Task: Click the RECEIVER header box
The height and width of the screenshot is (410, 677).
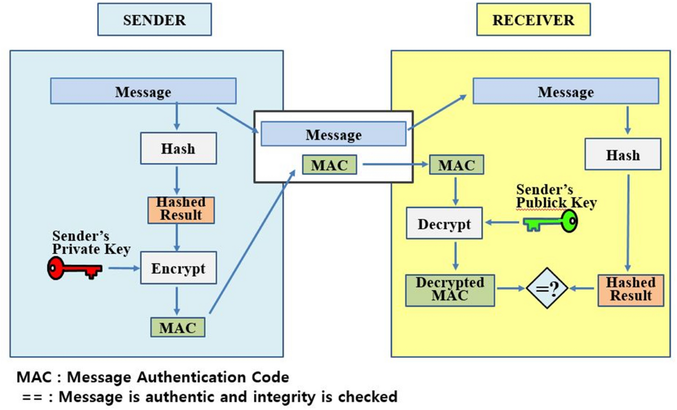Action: tap(533, 20)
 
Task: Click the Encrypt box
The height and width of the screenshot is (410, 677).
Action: tap(178, 268)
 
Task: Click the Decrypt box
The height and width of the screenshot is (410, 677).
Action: tap(444, 224)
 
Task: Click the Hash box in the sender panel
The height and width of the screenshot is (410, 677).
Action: tap(178, 149)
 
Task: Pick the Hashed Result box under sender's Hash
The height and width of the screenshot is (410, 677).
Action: tap(182, 208)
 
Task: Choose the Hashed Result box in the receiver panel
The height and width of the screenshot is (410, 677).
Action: tap(630, 289)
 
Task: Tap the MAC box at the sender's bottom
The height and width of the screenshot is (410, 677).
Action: tap(178, 328)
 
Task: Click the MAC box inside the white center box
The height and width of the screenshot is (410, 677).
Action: tap(329, 165)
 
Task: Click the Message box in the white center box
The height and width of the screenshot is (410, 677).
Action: tap(333, 135)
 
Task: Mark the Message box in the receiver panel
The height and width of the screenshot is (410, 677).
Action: tap(565, 91)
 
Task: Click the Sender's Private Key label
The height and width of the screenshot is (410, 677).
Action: tap(91, 242)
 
